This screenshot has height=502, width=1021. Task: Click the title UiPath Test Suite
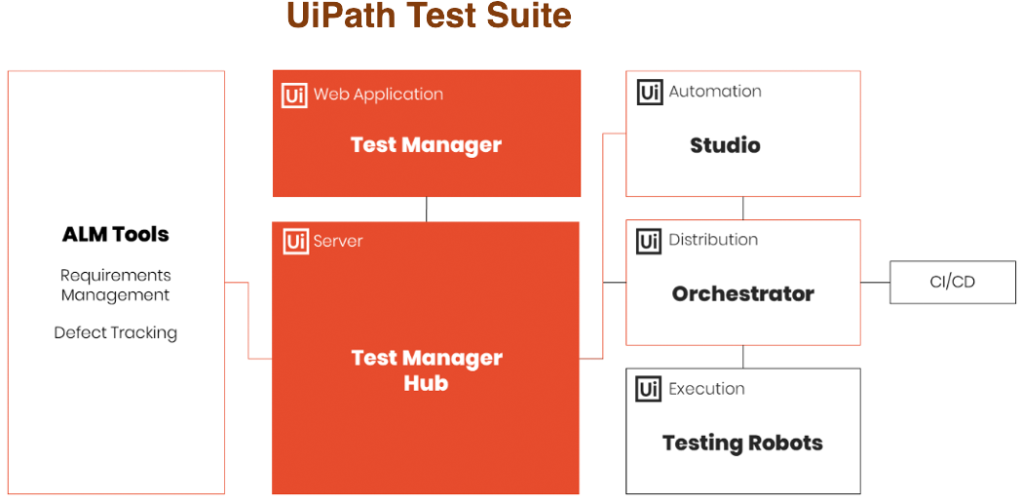(x=429, y=17)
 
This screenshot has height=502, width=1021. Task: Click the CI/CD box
(x=953, y=282)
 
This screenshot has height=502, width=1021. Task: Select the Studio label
(x=725, y=145)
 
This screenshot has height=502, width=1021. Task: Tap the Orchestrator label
(x=743, y=293)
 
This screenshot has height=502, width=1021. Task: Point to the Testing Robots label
(x=742, y=444)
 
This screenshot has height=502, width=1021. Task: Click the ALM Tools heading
(x=115, y=234)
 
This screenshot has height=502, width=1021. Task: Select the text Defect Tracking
(x=115, y=332)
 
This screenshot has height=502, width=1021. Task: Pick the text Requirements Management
(x=115, y=286)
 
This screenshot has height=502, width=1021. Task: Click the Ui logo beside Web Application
(x=294, y=96)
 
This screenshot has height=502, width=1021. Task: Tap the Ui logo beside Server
(x=295, y=242)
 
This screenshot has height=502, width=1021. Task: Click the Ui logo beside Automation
(x=649, y=93)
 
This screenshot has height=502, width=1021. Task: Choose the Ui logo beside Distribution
(x=649, y=241)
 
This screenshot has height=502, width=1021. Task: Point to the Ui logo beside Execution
(x=649, y=389)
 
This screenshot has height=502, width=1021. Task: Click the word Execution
(x=706, y=389)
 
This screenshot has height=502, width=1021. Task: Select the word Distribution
(x=713, y=240)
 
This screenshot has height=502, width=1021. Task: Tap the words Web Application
(x=378, y=95)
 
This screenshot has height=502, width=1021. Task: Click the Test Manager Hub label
(x=427, y=369)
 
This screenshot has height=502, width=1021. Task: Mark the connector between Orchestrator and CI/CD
(x=875, y=283)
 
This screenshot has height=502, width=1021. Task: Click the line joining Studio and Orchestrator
(x=743, y=208)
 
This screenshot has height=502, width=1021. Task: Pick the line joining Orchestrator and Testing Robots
(x=743, y=357)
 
